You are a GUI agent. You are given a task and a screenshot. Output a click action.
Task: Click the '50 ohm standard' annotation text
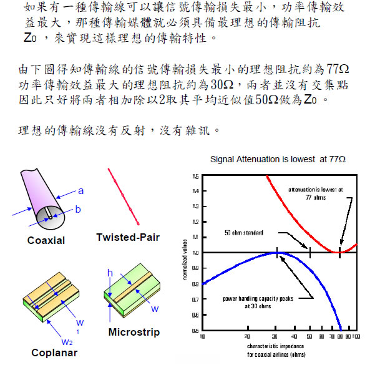coord(243,233)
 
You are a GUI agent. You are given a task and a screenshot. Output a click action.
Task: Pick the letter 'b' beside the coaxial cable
coord(77,210)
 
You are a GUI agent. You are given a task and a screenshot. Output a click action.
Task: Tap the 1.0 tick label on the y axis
coord(195,253)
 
